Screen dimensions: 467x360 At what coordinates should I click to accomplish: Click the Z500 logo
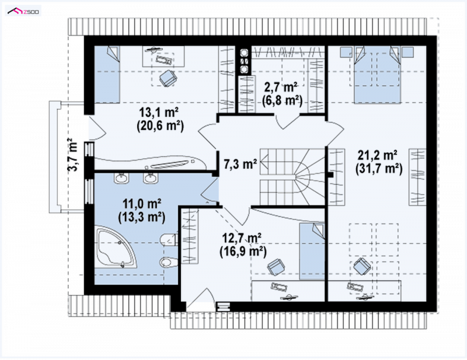23,11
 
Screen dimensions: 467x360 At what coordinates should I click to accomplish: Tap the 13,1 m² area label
159,112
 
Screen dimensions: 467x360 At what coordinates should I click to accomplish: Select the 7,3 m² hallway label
240,164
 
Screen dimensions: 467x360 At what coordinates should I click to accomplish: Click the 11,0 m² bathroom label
142,204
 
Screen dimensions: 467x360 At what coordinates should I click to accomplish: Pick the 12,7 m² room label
242,238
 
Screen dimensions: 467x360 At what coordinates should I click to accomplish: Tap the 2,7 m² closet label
281,88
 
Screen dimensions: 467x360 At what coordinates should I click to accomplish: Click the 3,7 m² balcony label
72,155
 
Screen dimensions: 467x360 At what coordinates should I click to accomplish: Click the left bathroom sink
121,179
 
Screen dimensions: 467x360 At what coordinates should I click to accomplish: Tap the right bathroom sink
150,179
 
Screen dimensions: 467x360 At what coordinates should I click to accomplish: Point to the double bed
377,75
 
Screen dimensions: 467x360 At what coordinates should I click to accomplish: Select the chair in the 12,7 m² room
276,266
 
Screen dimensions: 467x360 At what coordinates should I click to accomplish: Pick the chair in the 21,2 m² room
362,266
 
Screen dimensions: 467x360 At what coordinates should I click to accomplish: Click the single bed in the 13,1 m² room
107,75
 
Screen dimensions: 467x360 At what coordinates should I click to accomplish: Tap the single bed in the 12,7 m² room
312,251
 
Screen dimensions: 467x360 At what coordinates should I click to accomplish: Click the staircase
292,177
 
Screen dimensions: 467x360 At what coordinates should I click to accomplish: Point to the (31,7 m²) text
378,169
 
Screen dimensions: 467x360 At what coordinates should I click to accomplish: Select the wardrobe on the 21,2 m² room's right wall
417,177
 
